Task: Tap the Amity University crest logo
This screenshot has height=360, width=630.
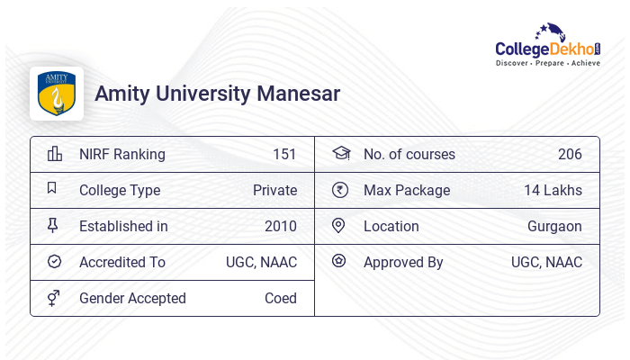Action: [x=56, y=94]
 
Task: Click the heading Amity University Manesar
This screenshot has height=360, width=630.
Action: [x=218, y=94]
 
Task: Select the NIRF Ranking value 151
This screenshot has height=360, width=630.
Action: [x=284, y=154]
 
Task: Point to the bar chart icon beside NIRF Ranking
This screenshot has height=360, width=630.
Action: [x=54, y=154]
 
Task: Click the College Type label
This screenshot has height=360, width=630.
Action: [x=120, y=190]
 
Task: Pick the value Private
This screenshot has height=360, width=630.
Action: [x=274, y=190]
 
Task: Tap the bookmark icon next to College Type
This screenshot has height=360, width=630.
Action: [x=52, y=189]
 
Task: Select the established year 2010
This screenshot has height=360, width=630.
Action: [x=281, y=226]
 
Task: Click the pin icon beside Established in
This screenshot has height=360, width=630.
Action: [x=53, y=226]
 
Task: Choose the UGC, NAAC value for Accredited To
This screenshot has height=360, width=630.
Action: [x=261, y=262]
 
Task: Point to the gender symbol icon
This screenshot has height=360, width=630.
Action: [x=54, y=298]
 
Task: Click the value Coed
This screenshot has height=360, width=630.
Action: [x=281, y=298]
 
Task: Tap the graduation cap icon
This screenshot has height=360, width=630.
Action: [x=340, y=154]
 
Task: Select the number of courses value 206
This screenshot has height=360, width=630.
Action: [x=570, y=154]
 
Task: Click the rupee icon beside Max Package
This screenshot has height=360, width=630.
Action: [x=339, y=190]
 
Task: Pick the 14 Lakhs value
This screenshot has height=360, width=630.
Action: [x=553, y=190]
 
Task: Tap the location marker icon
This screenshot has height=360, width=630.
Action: [x=338, y=226]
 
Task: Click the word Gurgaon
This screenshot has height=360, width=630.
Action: [x=554, y=226]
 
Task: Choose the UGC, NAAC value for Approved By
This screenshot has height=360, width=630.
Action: [x=546, y=262]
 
